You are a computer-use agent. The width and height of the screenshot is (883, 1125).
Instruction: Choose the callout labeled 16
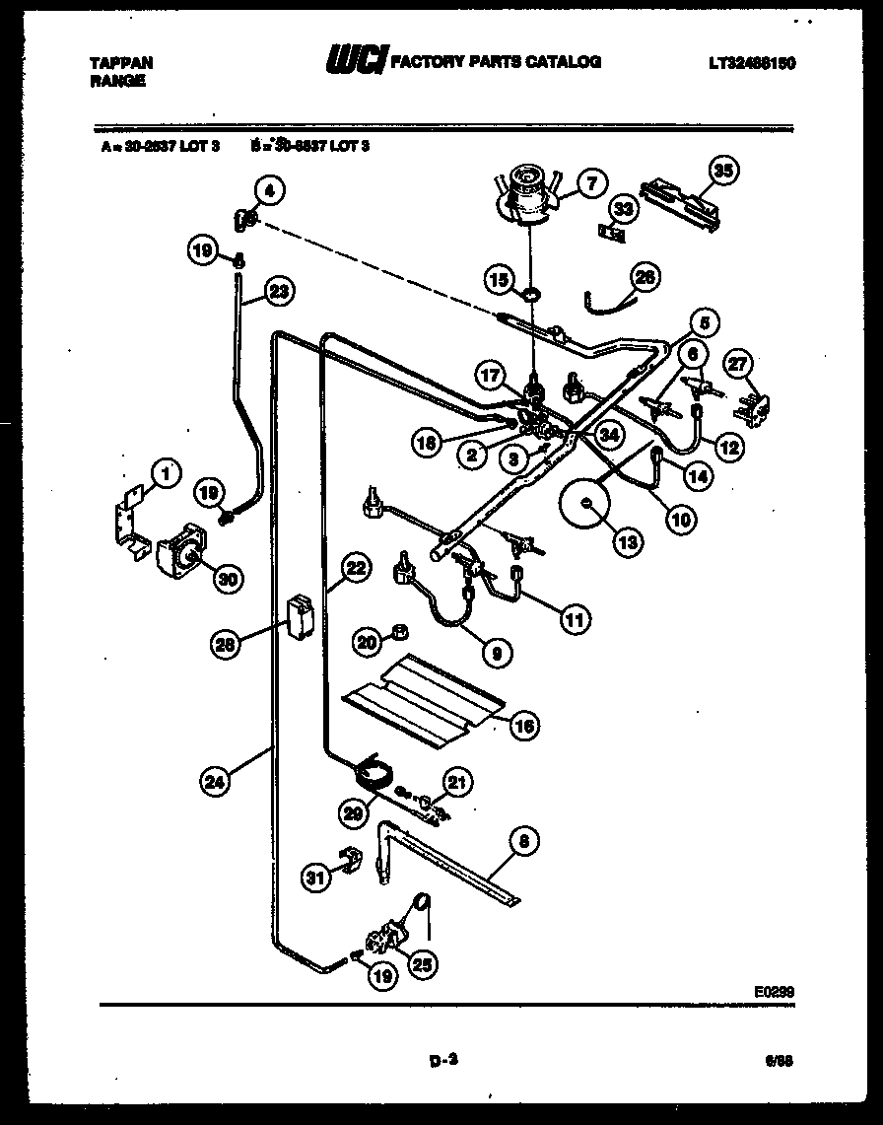pos(524,726)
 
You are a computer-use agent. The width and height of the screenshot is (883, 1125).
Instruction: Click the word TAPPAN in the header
pos(121,62)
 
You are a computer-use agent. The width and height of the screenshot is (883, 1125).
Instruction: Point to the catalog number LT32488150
pos(751,63)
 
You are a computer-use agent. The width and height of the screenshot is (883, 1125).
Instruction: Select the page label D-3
pos(444,1062)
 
